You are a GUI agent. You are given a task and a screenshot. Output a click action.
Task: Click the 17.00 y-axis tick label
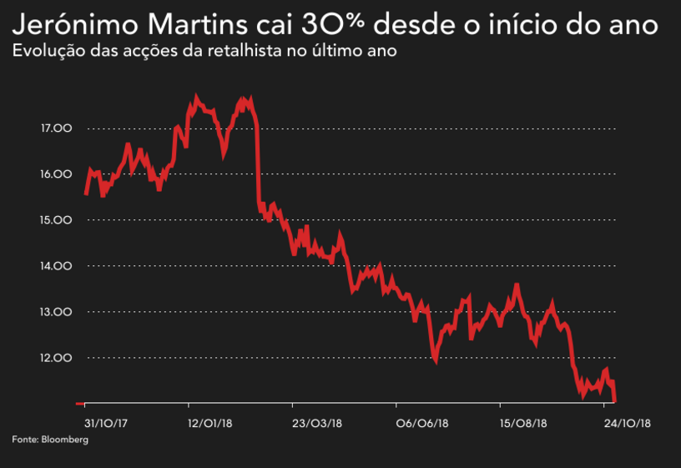56,128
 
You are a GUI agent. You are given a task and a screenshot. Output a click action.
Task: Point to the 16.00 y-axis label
56,174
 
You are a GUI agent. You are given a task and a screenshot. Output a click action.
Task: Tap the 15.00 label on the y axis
56,220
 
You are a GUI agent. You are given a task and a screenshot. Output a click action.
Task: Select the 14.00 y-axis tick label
56,266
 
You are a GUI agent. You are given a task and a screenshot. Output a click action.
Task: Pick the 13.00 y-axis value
56,312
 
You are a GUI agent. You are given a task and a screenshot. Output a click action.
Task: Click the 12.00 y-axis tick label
56,358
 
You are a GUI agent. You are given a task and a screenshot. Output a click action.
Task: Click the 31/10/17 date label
107,424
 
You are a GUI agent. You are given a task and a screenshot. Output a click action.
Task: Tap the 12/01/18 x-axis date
209,424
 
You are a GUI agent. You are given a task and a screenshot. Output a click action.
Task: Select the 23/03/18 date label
315,424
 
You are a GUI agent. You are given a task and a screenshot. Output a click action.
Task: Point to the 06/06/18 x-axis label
419,424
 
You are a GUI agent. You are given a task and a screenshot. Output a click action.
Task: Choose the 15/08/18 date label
523,424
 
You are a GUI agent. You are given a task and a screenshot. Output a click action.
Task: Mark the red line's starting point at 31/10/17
86,194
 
